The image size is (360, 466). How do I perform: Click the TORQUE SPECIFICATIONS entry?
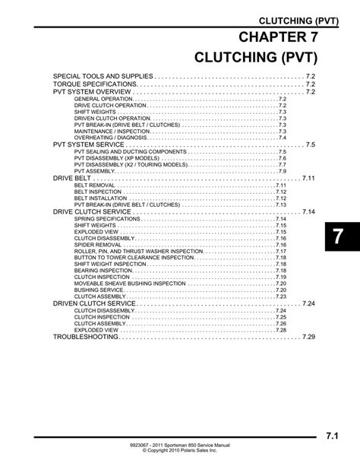(x=95, y=84)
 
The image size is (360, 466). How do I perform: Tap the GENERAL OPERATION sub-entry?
(x=103, y=99)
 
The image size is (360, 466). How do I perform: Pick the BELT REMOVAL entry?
(x=95, y=185)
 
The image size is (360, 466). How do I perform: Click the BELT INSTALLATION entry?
(x=100, y=198)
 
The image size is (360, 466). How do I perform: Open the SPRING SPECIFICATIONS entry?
(x=107, y=219)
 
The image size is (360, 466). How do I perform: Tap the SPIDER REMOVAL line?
(x=99, y=245)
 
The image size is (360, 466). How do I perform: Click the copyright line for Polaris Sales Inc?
(x=180, y=451)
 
